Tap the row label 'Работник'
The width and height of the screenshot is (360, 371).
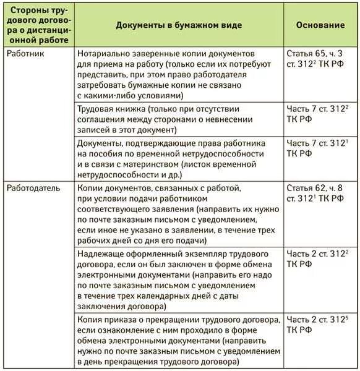click(25, 54)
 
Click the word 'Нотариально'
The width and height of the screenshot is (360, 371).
click(103, 54)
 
